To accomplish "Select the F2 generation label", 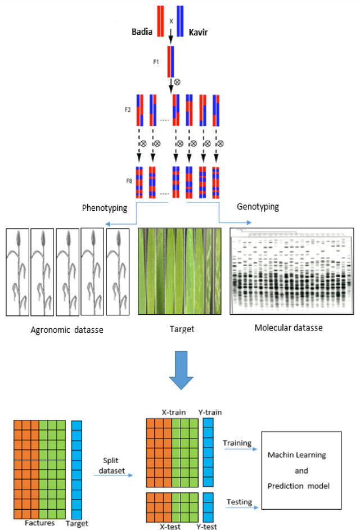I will tap(128, 107).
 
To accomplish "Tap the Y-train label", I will tap(208, 413).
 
